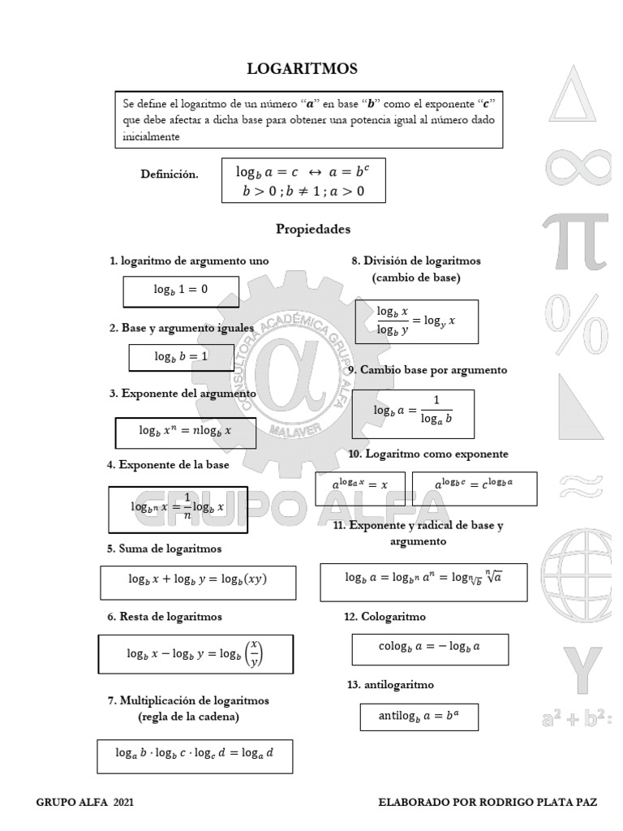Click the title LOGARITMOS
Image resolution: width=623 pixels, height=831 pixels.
pos(302,69)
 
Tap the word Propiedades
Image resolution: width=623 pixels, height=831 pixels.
pos(313,229)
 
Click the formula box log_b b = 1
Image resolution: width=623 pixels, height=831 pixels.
pos(181,356)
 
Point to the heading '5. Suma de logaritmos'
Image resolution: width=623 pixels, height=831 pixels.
pos(164,549)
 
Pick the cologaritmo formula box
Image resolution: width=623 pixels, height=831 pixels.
pos(430,648)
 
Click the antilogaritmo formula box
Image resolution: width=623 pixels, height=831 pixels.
pos(419,717)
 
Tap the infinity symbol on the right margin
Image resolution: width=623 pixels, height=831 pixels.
pos(578,166)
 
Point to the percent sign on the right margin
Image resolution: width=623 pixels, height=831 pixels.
pos(577,322)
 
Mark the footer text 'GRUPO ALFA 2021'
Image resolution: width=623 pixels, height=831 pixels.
pos(85,802)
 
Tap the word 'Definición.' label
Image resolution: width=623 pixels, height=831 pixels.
pos(169,174)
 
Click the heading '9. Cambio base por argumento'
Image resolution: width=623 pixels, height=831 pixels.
pos(427,370)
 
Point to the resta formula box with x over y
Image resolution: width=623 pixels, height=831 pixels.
pos(195,653)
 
